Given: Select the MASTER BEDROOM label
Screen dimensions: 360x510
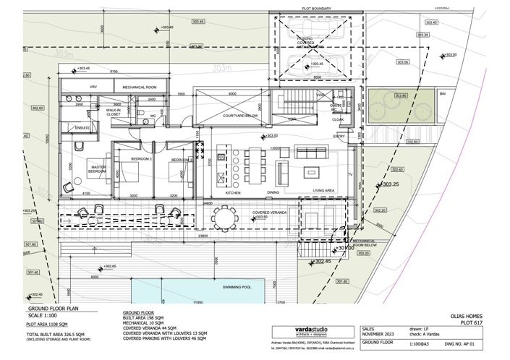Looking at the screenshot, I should click(98, 170).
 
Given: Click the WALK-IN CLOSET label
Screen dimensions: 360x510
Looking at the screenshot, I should click(113, 112).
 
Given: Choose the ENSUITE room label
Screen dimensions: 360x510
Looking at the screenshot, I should click(73, 128).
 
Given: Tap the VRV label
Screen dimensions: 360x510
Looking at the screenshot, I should click(72, 87).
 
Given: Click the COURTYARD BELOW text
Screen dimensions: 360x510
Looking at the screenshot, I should click(239, 115).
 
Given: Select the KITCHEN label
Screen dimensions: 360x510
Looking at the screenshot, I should click(233, 193).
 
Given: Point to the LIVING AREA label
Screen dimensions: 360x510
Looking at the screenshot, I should click(323, 192).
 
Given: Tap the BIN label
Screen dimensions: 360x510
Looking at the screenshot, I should click(443, 94).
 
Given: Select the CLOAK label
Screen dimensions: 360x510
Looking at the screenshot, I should click(337, 120).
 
